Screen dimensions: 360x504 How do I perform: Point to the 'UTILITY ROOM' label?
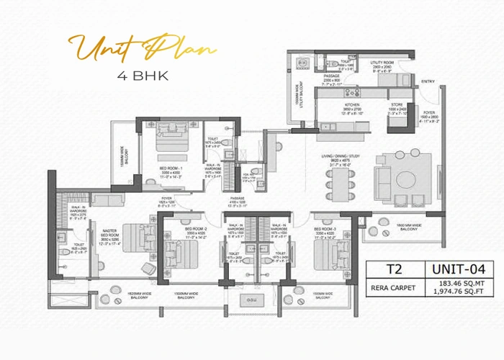[383, 63]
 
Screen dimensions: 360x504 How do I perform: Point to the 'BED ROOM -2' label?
[194, 214]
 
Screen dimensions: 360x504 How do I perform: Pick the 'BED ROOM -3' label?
[326, 214]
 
